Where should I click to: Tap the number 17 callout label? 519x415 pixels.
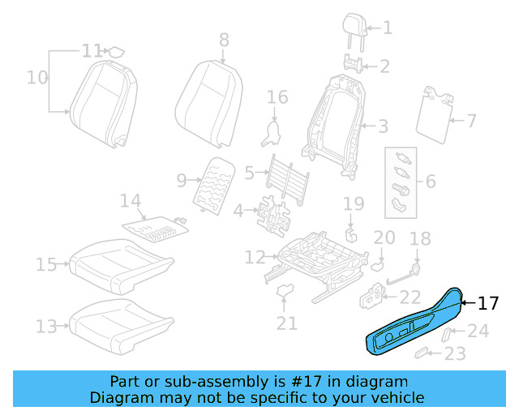click(487, 304)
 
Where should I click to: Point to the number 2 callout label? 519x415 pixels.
click(385, 66)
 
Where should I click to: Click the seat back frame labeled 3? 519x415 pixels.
click(332, 122)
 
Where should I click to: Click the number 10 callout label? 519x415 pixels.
click(37, 78)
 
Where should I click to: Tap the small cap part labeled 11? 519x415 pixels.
click(117, 52)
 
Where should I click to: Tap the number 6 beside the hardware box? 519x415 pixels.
click(430, 181)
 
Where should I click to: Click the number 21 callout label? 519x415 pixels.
click(286, 323)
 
